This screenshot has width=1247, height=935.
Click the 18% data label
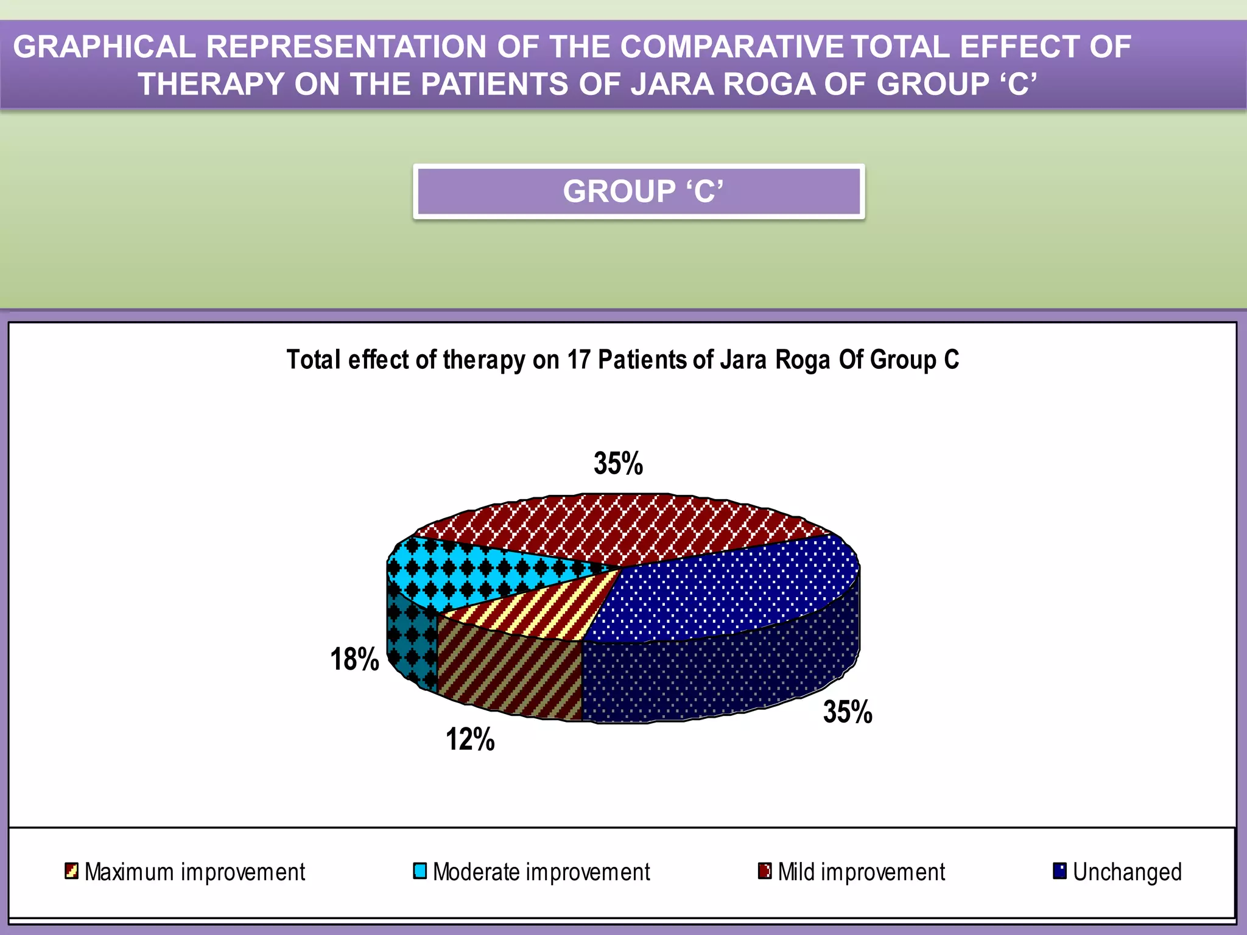[x=354, y=660]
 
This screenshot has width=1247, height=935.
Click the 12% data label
[x=470, y=740]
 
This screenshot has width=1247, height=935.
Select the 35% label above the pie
[x=618, y=464]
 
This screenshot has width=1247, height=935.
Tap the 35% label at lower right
[x=848, y=712]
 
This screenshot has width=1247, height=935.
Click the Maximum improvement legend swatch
[x=71, y=871]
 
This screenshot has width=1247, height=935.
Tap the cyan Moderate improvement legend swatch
[x=420, y=871]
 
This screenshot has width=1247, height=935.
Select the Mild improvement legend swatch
[x=765, y=871]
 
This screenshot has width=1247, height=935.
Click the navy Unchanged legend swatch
[x=1059, y=871]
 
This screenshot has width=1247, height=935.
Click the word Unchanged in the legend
[x=1127, y=872]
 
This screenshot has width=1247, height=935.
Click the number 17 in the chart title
[x=579, y=360]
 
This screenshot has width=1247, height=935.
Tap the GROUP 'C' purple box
[x=639, y=191]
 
